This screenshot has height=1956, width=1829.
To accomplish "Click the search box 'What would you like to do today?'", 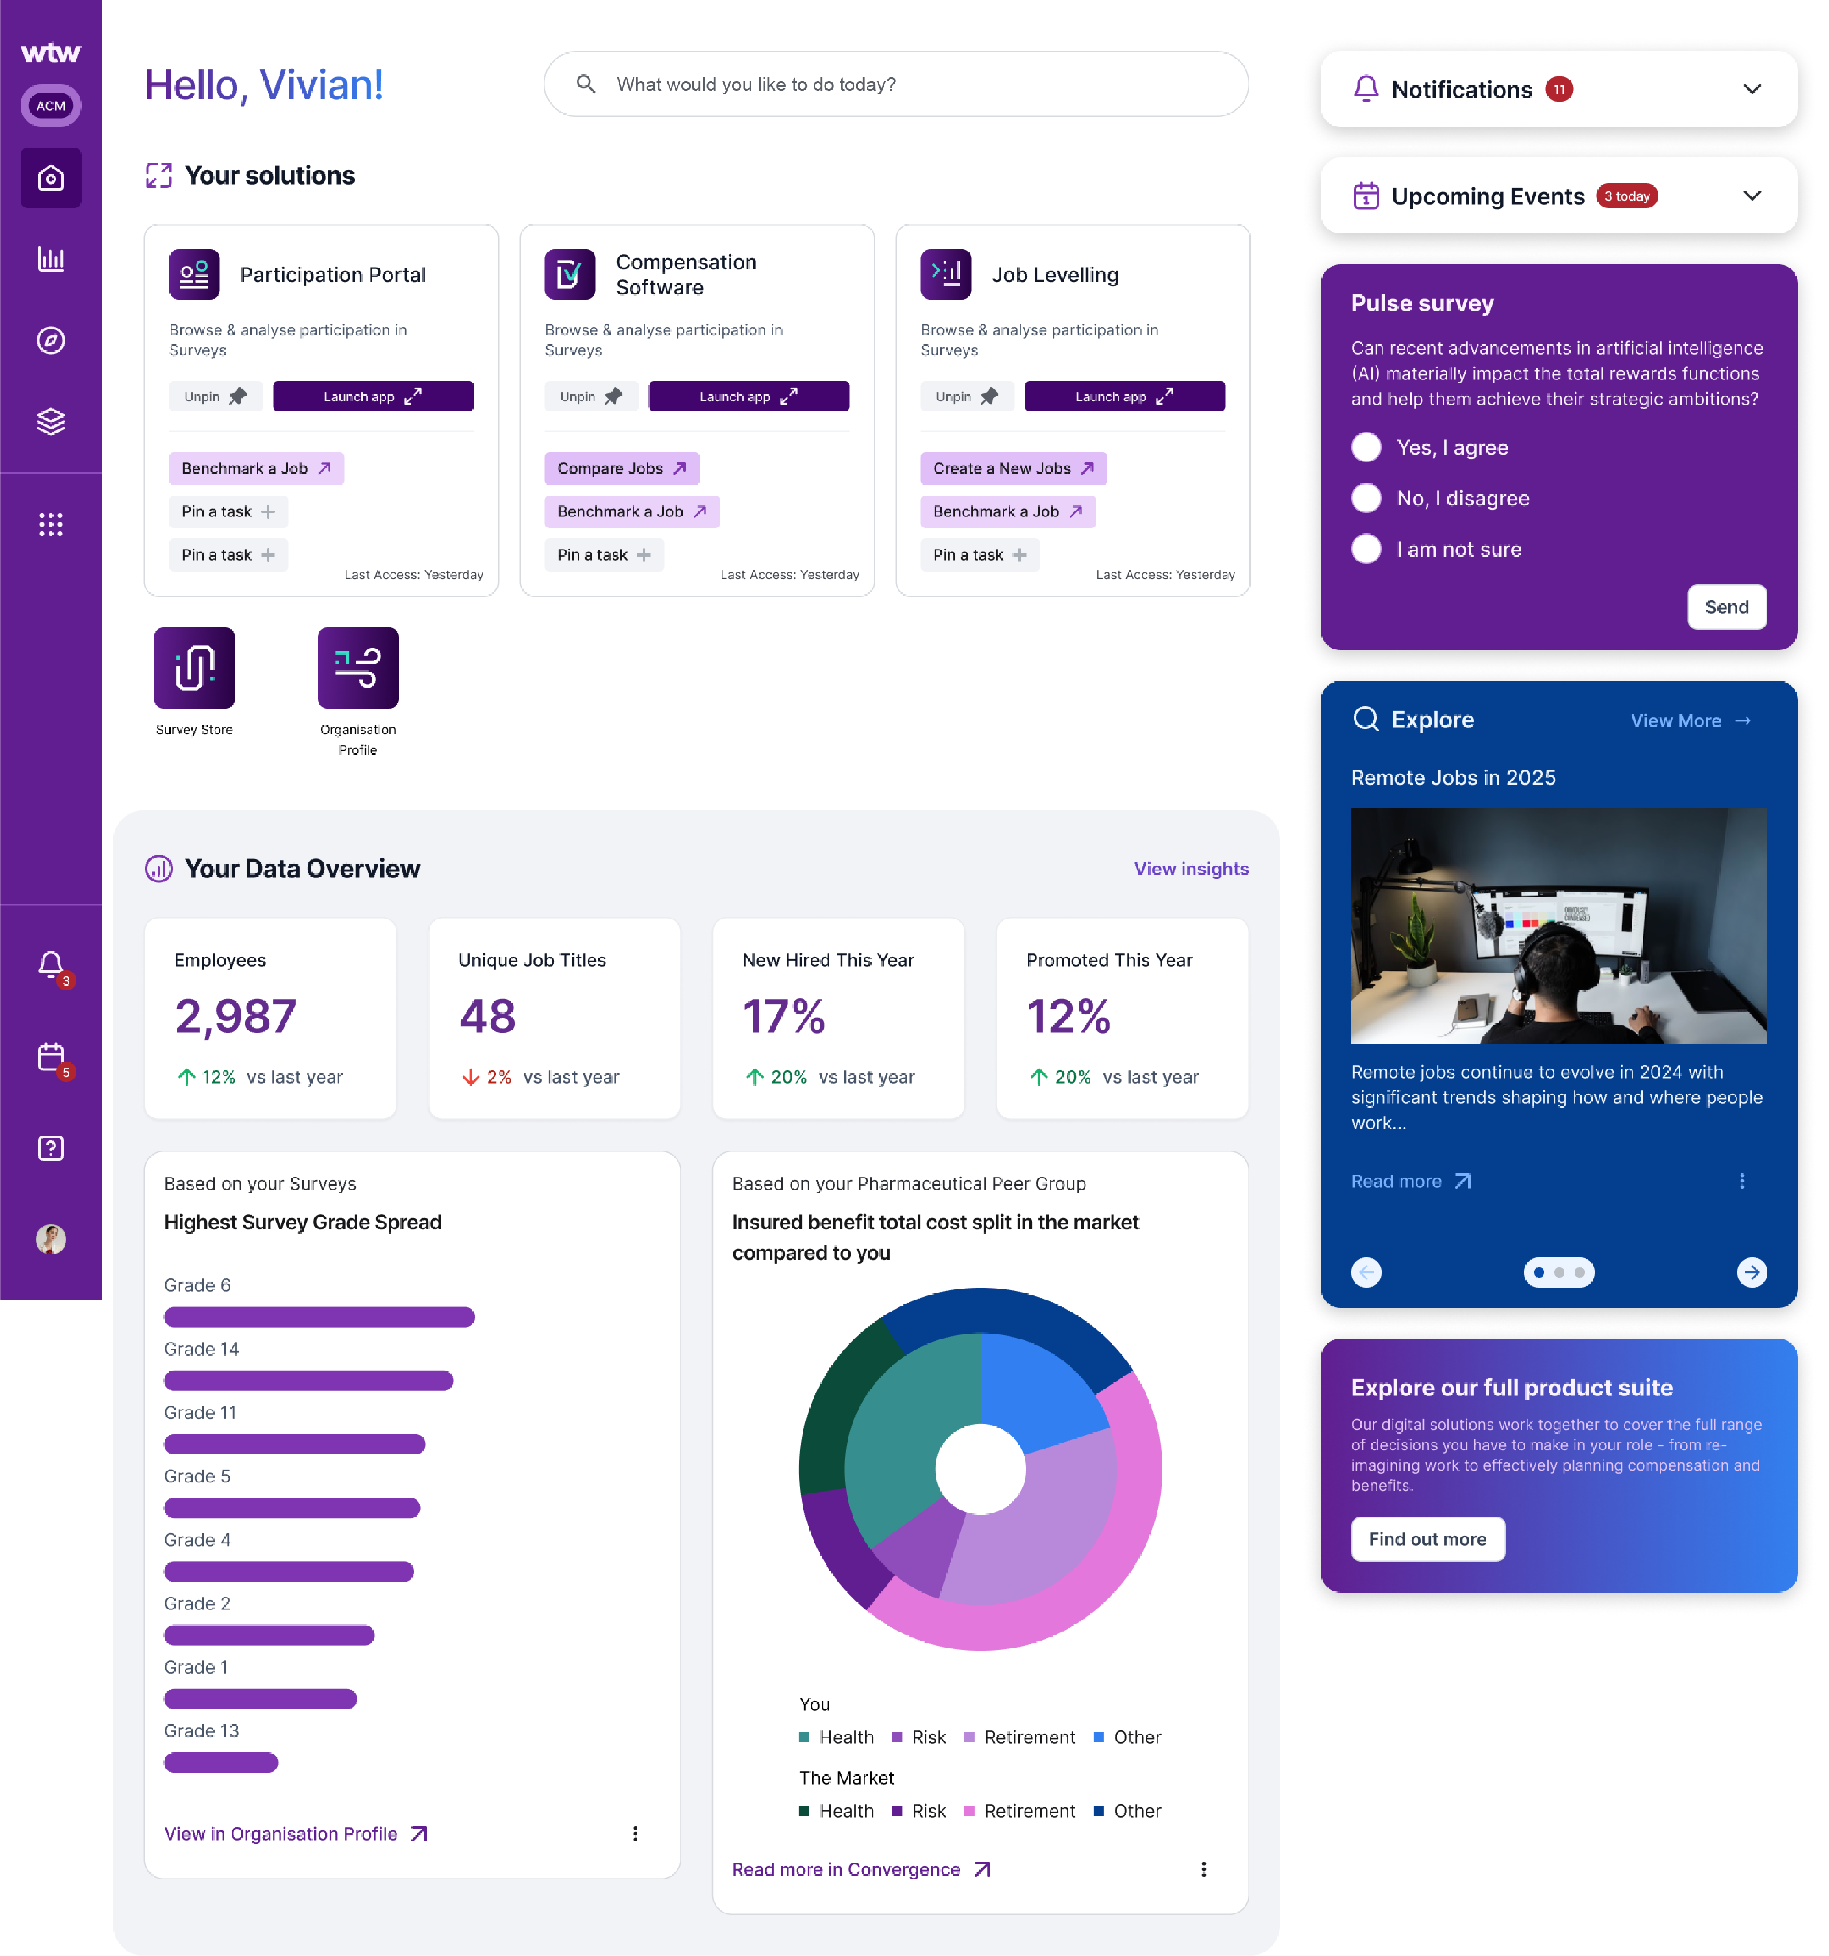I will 895,85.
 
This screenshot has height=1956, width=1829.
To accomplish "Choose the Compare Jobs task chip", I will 621,468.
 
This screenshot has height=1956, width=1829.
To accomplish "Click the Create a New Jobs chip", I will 1012,468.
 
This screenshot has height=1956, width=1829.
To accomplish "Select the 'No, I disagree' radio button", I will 1366,499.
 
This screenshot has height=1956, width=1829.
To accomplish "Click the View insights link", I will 1190,869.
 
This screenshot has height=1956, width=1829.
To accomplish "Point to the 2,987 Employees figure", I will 235,1016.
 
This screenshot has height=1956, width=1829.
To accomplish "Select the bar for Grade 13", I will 221,1762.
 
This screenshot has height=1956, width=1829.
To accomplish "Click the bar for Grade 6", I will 319,1317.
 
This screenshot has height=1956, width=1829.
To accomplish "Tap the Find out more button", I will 1427,1539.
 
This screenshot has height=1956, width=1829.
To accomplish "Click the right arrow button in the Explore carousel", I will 1750,1272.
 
